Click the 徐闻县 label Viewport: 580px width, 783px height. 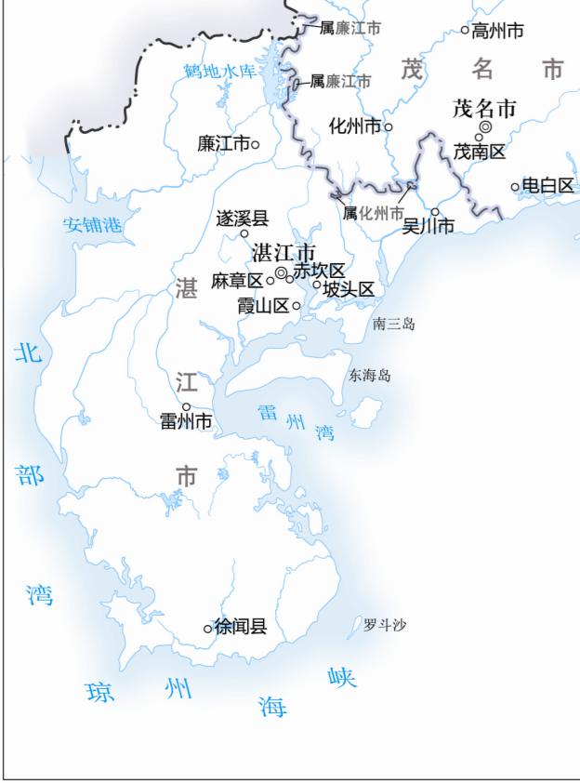241,627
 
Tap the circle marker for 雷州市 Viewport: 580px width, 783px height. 187,406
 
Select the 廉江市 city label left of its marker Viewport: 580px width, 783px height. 223,144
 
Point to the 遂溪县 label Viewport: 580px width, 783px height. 242,219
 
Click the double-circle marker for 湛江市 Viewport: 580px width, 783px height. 281,272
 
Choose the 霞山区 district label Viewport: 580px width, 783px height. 263,305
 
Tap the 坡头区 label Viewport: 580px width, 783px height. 349,289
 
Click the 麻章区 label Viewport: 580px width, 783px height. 237,280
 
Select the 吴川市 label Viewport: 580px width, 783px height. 428,226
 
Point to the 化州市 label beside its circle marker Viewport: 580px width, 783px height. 356,126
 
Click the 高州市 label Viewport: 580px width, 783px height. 497,31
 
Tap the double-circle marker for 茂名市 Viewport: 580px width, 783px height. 484,127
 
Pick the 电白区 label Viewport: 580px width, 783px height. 547,185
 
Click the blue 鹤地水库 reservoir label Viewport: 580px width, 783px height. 219,72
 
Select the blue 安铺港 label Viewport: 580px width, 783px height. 92,224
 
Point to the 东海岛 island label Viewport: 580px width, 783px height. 370,376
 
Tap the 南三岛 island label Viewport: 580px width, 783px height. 393,324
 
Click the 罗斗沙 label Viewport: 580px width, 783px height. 385,624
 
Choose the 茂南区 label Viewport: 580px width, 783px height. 479,151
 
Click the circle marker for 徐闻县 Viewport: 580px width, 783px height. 207,629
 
